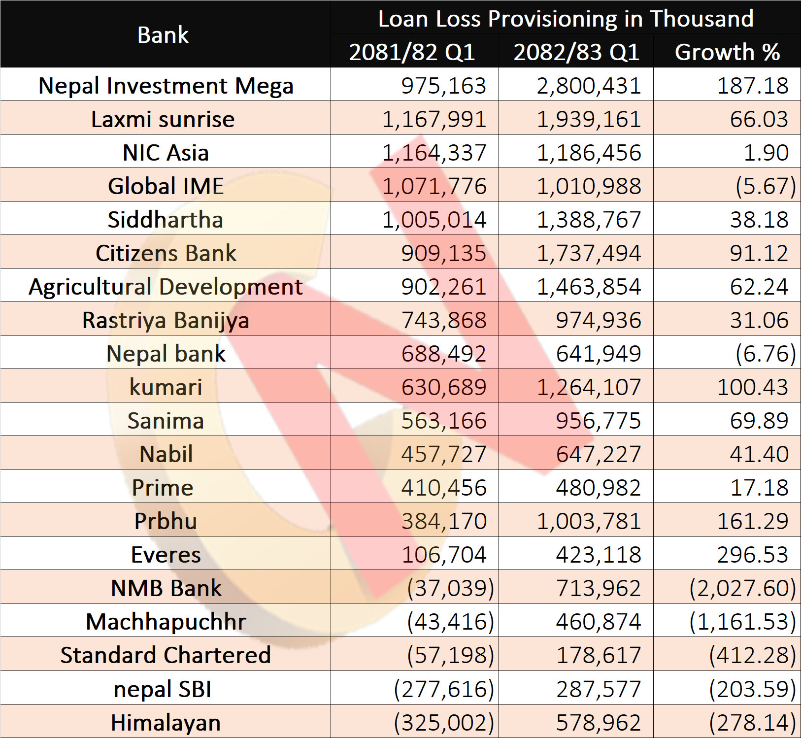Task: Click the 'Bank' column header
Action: tap(163, 35)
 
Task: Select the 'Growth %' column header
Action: tap(727, 52)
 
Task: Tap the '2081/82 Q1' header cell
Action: tap(412, 52)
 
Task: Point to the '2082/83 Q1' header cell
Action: tap(576, 52)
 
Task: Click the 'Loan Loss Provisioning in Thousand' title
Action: tap(566, 19)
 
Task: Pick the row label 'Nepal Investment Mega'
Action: tap(166, 86)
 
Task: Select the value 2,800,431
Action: tap(589, 86)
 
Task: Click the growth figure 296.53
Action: tap(753, 555)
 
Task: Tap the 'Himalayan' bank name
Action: tap(166, 723)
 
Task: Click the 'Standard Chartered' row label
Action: tap(166, 655)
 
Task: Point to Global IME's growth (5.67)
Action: tap(766, 186)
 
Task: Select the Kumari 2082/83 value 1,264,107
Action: tap(589, 387)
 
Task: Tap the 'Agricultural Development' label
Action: tap(166, 287)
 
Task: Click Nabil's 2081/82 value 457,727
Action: tap(443, 454)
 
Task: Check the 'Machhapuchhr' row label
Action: tap(166, 622)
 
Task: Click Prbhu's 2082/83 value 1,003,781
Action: tap(589, 521)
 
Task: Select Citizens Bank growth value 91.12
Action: tap(759, 253)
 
